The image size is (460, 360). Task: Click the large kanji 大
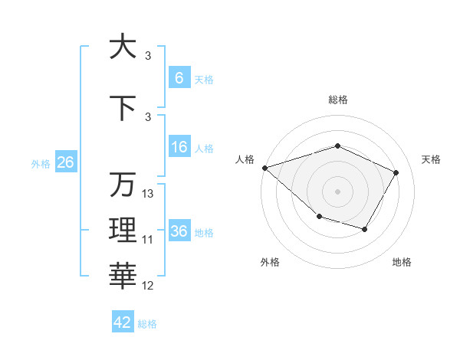[123, 47]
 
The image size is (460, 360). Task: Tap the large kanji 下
[123, 108]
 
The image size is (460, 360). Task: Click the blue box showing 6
[179, 77]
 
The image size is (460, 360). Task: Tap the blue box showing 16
[179, 148]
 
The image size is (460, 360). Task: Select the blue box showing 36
[179, 231]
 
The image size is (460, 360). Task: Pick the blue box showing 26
[65, 162]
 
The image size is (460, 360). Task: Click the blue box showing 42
[123, 322]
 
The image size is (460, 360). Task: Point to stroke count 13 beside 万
[148, 194]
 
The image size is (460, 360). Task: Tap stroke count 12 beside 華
[148, 286]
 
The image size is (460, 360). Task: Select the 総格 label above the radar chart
[337, 100]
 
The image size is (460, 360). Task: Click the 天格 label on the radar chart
[432, 159]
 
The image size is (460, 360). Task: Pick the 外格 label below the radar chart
[269, 262]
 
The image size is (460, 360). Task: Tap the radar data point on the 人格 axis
[264, 168]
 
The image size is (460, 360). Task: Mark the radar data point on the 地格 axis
[365, 229]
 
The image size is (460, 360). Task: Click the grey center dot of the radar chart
[337, 191]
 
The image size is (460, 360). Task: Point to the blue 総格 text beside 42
[147, 324]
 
